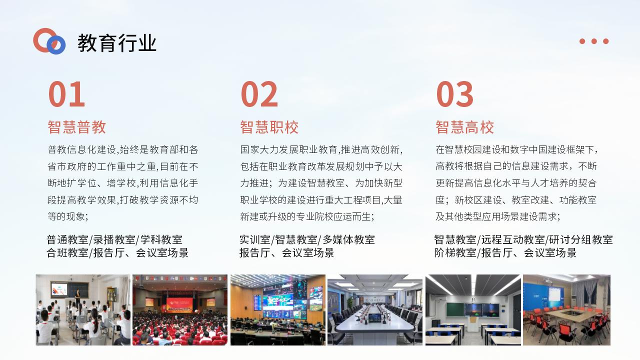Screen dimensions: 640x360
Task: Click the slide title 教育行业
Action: pyautogui.click(x=117, y=43)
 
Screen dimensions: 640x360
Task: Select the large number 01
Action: pyautogui.click(x=66, y=94)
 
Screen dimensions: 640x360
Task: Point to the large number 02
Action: pyautogui.click(x=259, y=94)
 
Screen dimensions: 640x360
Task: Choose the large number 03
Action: pyautogui.click(x=454, y=94)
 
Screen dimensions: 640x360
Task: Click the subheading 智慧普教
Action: pyautogui.click(x=77, y=127)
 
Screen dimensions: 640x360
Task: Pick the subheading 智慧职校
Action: pyautogui.click(x=269, y=127)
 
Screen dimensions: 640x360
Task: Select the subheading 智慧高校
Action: pyautogui.click(x=464, y=127)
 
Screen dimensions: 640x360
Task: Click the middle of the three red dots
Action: pyautogui.click(x=594, y=41)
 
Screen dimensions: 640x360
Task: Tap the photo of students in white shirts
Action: pyautogui.click(x=83, y=310)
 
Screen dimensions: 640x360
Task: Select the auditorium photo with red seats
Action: pyautogui.click(x=180, y=310)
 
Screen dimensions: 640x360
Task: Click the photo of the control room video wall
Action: pyautogui.click(x=278, y=310)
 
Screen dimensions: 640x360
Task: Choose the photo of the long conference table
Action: pyautogui.click(x=375, y=310)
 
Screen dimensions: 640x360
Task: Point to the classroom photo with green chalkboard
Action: pyautogui.click(x=473, y=310)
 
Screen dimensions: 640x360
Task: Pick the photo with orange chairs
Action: pyautogui.click(x=567, y=310)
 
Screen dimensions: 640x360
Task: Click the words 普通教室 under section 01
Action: pyautogui.click(x=67, y=239)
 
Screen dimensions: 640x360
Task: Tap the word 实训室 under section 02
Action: pyautogui.click(x=255, y=239)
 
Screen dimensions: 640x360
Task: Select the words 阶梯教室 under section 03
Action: pyautogui.click(x=455, y=253)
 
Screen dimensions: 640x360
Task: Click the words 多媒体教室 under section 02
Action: pyautogui.click(x=349, y=239)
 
